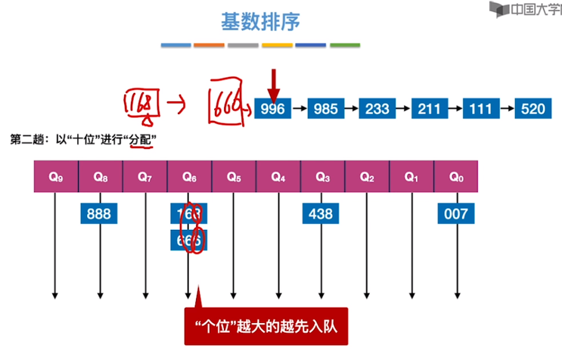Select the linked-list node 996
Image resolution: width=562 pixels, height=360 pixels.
pos(272,109)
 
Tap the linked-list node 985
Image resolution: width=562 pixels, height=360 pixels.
pos(325,109)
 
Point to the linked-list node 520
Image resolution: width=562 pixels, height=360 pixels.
pos(533,109)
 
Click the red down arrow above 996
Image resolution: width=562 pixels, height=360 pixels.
pos(274,82)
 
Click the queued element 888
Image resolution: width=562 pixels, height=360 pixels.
pos(99,214)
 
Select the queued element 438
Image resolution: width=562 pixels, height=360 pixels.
pos(321,214)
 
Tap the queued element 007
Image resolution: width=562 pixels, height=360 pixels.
pos(455,214)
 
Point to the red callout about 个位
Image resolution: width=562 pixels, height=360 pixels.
pos(265,327)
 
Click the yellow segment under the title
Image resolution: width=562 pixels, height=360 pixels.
pos(277,45)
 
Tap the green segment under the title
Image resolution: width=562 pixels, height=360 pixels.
pos(344,45)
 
